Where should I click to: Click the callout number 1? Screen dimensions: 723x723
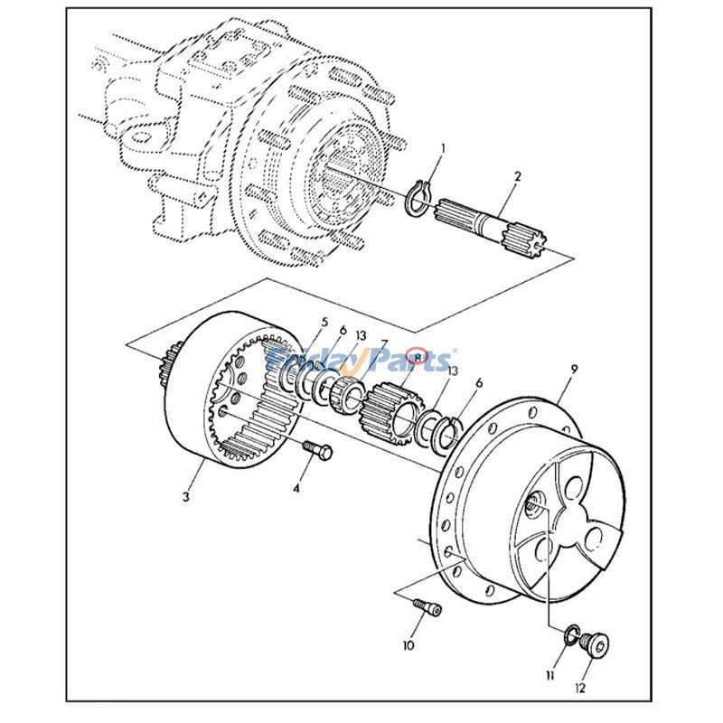(444, 147)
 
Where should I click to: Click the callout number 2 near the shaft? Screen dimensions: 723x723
(518, 176)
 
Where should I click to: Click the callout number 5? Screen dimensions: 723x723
(324, 323)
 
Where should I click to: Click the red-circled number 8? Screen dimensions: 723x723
(418, 356)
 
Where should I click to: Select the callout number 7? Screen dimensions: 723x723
(385, 344)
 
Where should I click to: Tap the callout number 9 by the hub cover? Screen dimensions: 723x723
(575, 369)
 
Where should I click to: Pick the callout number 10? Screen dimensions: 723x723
(408, 646)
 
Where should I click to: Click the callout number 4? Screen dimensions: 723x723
(295, 489)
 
